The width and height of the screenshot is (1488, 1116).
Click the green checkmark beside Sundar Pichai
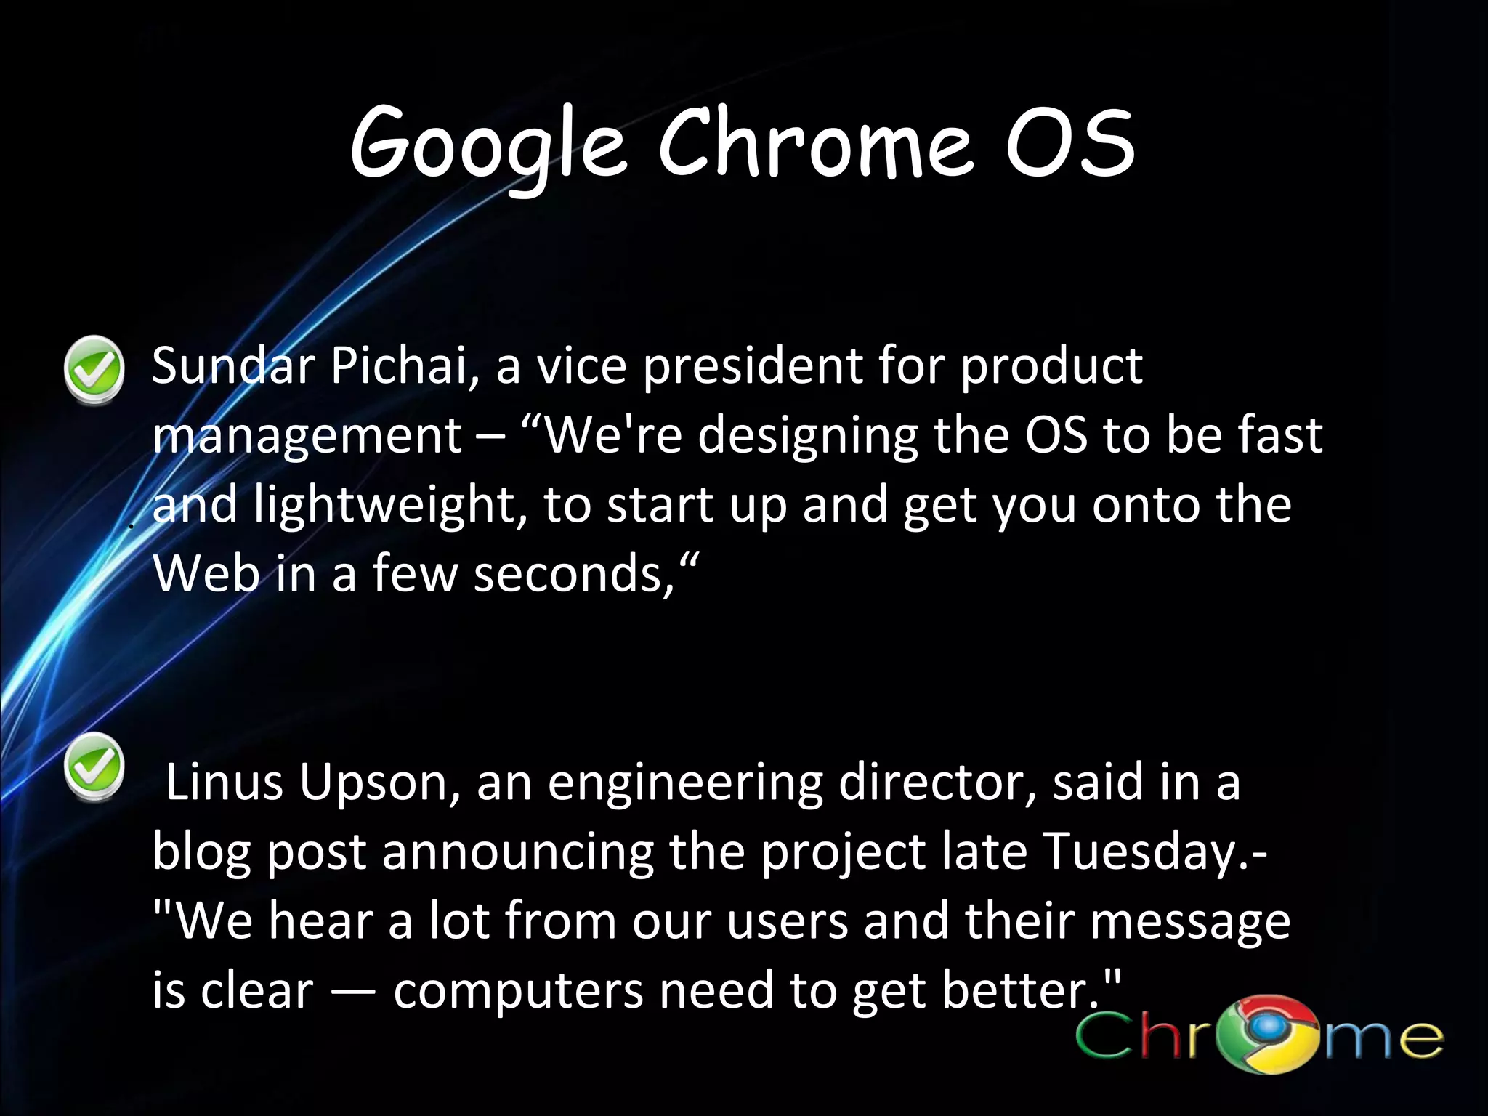point(94,369)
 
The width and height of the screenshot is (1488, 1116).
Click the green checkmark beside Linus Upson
point(94,767)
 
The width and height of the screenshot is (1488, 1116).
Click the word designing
point(806,437)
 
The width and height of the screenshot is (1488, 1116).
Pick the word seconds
point(574,574)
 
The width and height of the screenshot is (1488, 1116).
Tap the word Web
point(206,574)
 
